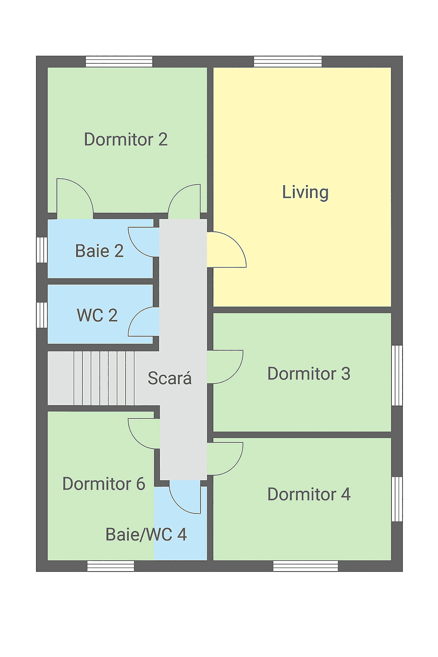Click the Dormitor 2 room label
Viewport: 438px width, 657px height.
coord(126,139)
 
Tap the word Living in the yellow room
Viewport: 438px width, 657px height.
coord(305,192)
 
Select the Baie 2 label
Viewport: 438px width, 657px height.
coord(99,251)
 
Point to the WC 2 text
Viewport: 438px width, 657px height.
coord(97,315)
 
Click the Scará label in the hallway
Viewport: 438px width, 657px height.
coord(169,378)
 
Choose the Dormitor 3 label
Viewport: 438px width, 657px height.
coord(309,374)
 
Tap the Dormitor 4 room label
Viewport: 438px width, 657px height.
coord(309,494)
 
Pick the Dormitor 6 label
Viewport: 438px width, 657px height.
coord(104,484)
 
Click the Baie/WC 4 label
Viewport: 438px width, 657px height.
coord(146,534)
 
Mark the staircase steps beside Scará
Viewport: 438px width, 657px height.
coord(104,379)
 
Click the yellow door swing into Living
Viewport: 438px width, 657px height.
coord(226,250)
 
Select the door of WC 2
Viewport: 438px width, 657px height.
coord(143,322)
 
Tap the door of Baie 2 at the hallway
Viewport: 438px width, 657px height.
coord(144,242)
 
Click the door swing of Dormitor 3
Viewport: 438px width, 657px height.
coord(225,367)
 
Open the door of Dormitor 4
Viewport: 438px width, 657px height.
coord(225,459)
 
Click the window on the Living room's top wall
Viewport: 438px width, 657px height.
coord(287,62)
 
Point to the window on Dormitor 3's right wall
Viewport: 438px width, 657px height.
coord(397,376)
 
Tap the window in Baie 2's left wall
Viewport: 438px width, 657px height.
coord(41,250)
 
